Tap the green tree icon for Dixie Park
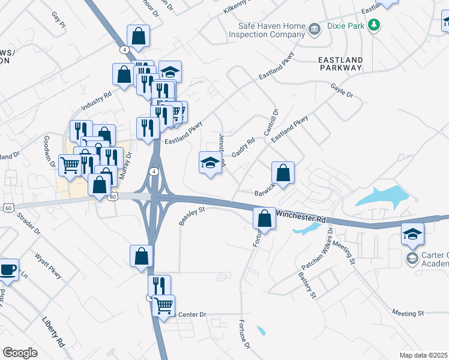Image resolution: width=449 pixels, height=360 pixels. [x=375, y=25]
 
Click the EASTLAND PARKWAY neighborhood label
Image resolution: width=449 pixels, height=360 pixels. [x=340, y=64]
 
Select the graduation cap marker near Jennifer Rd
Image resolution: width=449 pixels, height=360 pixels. [x=210, y=163]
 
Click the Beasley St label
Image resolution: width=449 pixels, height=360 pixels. [x=192, y=217]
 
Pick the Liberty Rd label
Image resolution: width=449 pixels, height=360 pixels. [x=53, y=331]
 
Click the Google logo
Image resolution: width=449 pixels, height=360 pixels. [x=20, y=353]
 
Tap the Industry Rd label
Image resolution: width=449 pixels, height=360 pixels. [x=97, y=100]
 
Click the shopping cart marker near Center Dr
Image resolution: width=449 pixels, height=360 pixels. [x=163, y=305]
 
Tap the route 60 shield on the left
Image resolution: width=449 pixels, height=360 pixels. [x=7, y=208]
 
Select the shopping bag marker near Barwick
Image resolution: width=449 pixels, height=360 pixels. [x=283, y=173]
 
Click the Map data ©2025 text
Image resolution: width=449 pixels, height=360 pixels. [x=424, y=355]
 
